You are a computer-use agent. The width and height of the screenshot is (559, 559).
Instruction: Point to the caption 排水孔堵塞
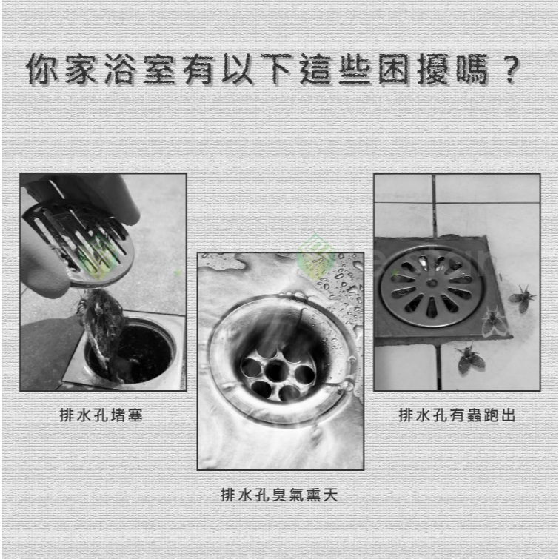coord(101,415)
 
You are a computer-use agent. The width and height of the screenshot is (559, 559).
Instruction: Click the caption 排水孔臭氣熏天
coord(279,495)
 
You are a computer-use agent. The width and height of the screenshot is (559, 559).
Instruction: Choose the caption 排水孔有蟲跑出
coord(457,415)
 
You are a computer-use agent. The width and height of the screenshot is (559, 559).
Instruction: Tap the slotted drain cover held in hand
coord(78,242)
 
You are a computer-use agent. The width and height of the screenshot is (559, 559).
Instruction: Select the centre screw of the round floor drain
coord(432,284)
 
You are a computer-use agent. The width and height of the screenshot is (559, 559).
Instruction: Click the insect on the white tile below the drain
coord(470,359)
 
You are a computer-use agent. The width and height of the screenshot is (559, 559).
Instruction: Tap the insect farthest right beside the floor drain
coord(522,298)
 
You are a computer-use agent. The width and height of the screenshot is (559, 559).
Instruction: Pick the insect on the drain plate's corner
coord(495,321)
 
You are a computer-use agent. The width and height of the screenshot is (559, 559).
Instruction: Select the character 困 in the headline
coord(394,69)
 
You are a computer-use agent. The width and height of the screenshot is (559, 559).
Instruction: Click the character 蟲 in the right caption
coord(474,415)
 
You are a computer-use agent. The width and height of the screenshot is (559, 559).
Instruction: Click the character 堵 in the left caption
coord(118,415)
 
